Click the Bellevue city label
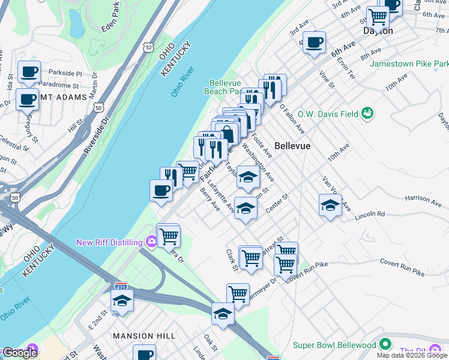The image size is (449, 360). (x=292, y=146)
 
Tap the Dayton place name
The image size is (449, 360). (x=378, y=31)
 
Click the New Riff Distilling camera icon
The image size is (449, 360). (x=151, y=242)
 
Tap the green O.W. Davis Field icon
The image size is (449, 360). (x=368, y=113)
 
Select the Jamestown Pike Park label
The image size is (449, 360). (x=409, y=63)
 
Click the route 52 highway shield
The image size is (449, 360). (x=148, y=46)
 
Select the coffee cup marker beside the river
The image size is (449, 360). (x=161, y=191)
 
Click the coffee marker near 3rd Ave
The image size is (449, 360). (x=313, y=42)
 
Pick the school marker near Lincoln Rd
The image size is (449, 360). (x=330, y=205)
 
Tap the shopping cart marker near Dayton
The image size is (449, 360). (x=378, y=16)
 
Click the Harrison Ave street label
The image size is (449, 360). (x=423, y=197)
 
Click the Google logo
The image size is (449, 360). (x=20, y=353)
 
